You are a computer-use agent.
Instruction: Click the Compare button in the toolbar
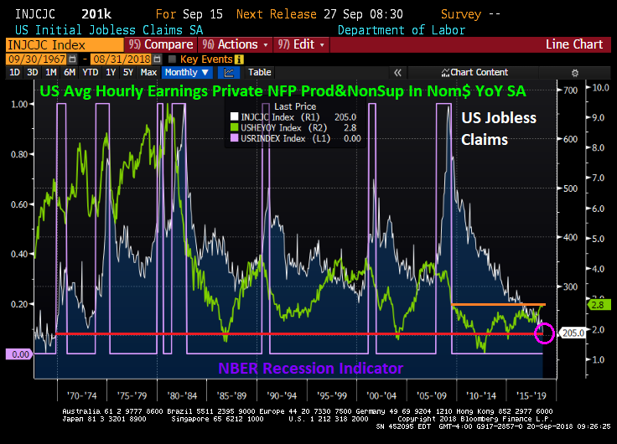click(x=165, y=44)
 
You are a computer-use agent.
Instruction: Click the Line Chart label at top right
click(x=574, y=44)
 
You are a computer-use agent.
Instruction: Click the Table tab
click(x=259, y=73)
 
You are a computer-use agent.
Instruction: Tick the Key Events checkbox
click(x=172, y=59)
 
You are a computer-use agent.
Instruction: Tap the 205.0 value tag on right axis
click(x=574, y=333)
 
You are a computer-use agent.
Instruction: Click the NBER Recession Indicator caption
click(x=310, y=369)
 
